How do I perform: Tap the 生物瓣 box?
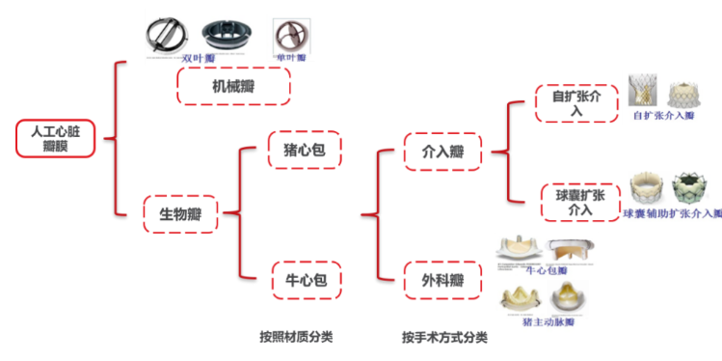[x=179, y=212]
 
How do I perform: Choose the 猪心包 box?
[x=304, y=150]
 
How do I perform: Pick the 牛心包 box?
[x=307, y=280]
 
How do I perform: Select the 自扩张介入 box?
[x=575, y=104]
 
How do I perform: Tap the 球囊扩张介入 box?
[x=579, y=201]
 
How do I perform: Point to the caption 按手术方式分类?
[x=444, y=338]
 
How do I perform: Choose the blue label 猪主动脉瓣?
[x=544, y=321]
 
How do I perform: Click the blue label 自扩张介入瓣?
[x=663, y=116]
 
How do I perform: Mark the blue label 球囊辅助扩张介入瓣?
[x=671, y=212]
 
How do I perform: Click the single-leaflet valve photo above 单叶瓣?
[x=288, y=35]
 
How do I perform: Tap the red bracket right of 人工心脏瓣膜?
[x=116, y=138]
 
